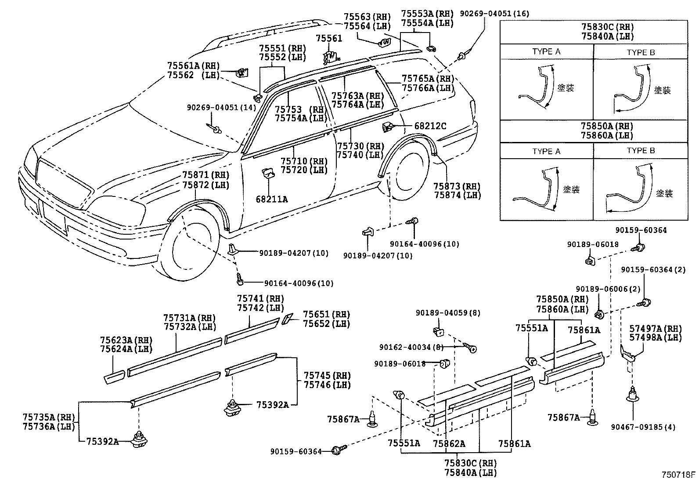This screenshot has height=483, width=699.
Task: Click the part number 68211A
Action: click(x=272, y=199)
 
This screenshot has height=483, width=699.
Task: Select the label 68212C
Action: click(x=430, y=126)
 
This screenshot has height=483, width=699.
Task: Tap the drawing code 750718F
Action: click(x=679, y=475)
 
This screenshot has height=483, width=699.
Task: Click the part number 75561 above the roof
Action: click(x=329, y=39)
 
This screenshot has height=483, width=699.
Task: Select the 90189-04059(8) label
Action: click(x=448, y=313)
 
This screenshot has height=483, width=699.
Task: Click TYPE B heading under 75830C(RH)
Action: click(x=641, y=52)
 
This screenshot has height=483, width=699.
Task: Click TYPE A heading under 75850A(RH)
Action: click(x=546, y=151)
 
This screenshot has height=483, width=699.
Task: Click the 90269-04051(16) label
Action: click(x=494, y=14)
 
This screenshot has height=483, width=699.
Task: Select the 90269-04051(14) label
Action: click(x=221, y=107)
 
